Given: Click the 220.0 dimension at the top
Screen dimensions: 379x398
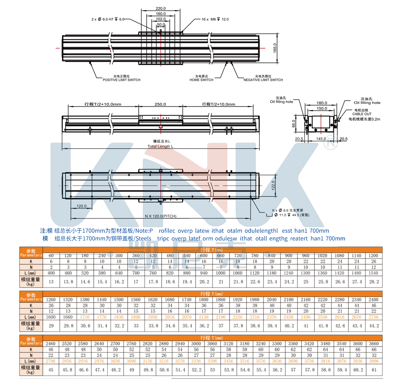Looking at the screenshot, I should click(161, 8).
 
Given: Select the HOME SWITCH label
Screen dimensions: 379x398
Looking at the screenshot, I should click(201, 80).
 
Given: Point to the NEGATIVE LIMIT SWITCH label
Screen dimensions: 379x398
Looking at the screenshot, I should click(263, 80).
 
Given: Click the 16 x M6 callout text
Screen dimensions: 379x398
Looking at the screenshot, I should click(215, 19).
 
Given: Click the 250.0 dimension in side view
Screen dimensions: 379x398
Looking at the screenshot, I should click(160, 104).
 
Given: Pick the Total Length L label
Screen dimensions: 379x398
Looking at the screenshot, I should click(160, 146).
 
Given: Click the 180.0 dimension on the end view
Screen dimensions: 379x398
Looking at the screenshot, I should click(322, 103).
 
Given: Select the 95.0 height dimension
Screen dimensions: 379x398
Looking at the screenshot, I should click(294, 124).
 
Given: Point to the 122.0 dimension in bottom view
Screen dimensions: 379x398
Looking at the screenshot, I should click(273, 184).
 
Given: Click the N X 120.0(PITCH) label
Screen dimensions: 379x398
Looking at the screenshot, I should click(161, 216).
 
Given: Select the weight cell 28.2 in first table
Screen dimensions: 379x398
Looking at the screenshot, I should click(374, 282).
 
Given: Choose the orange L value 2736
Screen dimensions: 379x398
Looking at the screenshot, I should click(374, 318).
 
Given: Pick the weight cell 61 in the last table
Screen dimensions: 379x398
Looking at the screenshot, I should click(374, 369).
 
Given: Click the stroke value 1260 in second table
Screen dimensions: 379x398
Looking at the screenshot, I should click(51, 300).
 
